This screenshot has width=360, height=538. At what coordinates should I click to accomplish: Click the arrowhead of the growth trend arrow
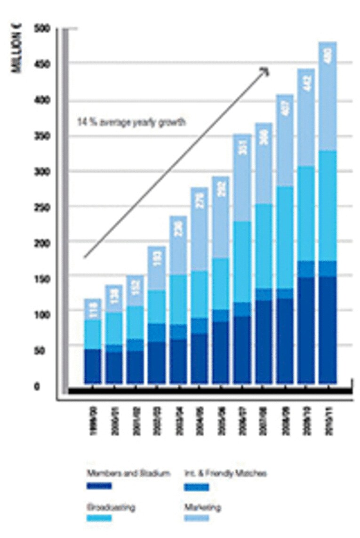coord(265,71)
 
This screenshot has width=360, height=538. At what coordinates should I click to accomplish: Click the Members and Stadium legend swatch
coord(99,486)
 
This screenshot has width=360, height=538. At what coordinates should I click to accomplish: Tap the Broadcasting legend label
coord(112,507)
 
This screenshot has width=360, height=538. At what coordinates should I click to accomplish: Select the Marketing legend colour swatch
coord(196,518)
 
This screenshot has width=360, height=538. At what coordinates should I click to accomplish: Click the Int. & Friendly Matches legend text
coord(224,474)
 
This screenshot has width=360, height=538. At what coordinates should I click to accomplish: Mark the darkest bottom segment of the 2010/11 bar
coord(328,329)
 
